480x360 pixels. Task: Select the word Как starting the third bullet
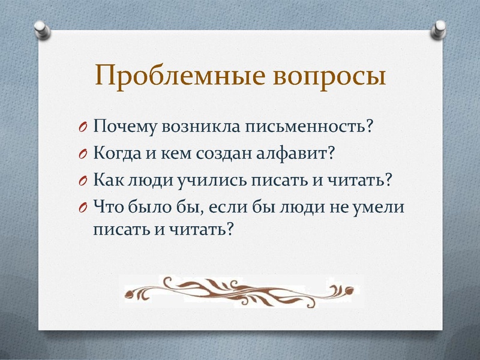pos(108,179)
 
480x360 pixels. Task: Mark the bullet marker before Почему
pos(83,127)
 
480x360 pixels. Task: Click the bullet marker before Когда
pos(83,154)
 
